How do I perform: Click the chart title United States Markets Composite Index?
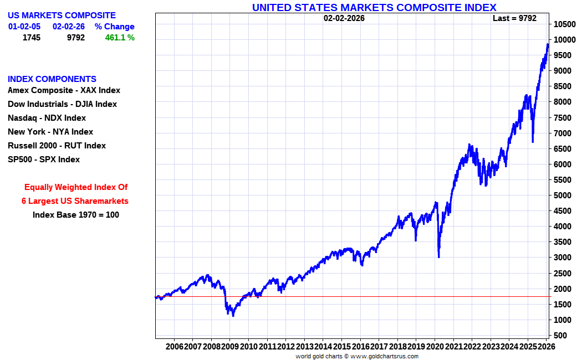click(x=374, y=7)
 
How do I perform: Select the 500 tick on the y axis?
click(x=560, y=335)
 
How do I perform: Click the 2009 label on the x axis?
click(x=230, y=346)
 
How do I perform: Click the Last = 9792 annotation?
click(x=514, y=18)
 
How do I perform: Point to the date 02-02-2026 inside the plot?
click(x=344, y=18)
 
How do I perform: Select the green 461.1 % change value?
click(x=120, y=38)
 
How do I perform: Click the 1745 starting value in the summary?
click(x=31, y=38)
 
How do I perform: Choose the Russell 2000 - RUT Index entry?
click(x=57, y=146)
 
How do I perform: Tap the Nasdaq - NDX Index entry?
click(x=47, y=118)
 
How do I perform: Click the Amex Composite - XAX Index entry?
click(x=64, y=90)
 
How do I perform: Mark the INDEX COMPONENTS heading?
click(x=52, y=79)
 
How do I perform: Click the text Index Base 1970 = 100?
click(x=76, y=215)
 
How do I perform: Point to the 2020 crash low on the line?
click(x=438, y=256)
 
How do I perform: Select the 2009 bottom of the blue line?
click(x=233, y=316)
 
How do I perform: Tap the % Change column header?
click(x=114, y=27)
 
